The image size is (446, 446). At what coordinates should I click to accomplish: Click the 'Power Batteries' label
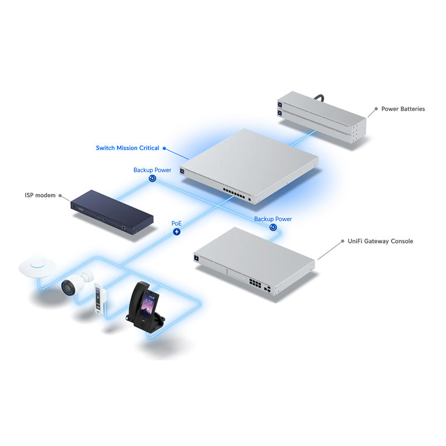pos(403,109)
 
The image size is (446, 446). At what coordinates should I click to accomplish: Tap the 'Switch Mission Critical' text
pos(128,148)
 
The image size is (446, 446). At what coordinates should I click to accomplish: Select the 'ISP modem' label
pos(40,195)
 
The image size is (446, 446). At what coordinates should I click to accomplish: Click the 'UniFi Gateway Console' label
pos(380,241)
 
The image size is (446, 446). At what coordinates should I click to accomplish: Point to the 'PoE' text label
pos(176,223)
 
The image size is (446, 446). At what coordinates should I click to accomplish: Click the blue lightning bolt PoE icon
pos(177,231)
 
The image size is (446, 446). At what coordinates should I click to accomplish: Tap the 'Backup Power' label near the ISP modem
pos(152,170)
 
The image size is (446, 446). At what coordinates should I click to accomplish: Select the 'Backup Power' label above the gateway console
pos(273,219)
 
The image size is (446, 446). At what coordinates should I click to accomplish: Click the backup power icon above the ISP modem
pos(152,179)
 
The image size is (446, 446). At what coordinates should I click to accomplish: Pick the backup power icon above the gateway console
pos(273,227)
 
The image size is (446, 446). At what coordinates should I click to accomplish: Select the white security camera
pos(76,283)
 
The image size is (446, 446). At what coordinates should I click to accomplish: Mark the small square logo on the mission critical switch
pos(182,171)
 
